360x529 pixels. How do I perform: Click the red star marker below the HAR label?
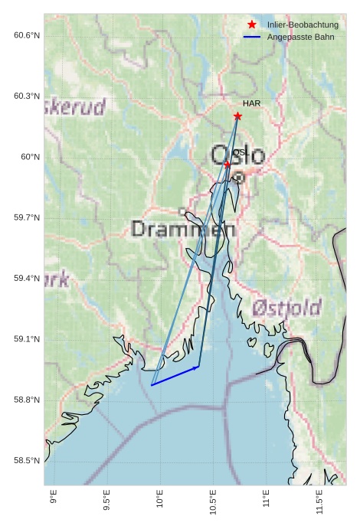pyautogui.click(x=237, y=116)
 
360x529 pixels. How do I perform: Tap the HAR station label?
pyautogui.click(x=252, y=103)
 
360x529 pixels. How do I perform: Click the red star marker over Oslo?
pyautogui.click(x=227, y=164)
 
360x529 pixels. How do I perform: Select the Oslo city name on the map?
pyautogui.click(x=237, y=156)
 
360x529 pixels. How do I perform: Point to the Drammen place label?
pyautogui.click(x=183, y=228)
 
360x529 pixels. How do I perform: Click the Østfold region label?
pyautogui.click(x=286, y=309)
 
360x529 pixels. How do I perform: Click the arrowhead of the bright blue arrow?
pyautogui.click(x=198, y=367)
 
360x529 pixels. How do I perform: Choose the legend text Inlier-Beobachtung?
pyautogui.click(x=303, y=25)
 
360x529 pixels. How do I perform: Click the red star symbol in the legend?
pyautogui.click(x=252, y=25)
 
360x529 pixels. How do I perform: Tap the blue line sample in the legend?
pyautogui.click(x=252, y=37)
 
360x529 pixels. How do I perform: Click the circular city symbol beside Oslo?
pyautogui.click(x=239, y=177)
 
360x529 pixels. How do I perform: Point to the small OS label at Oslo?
pyautogui.click(x=238, y=152)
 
